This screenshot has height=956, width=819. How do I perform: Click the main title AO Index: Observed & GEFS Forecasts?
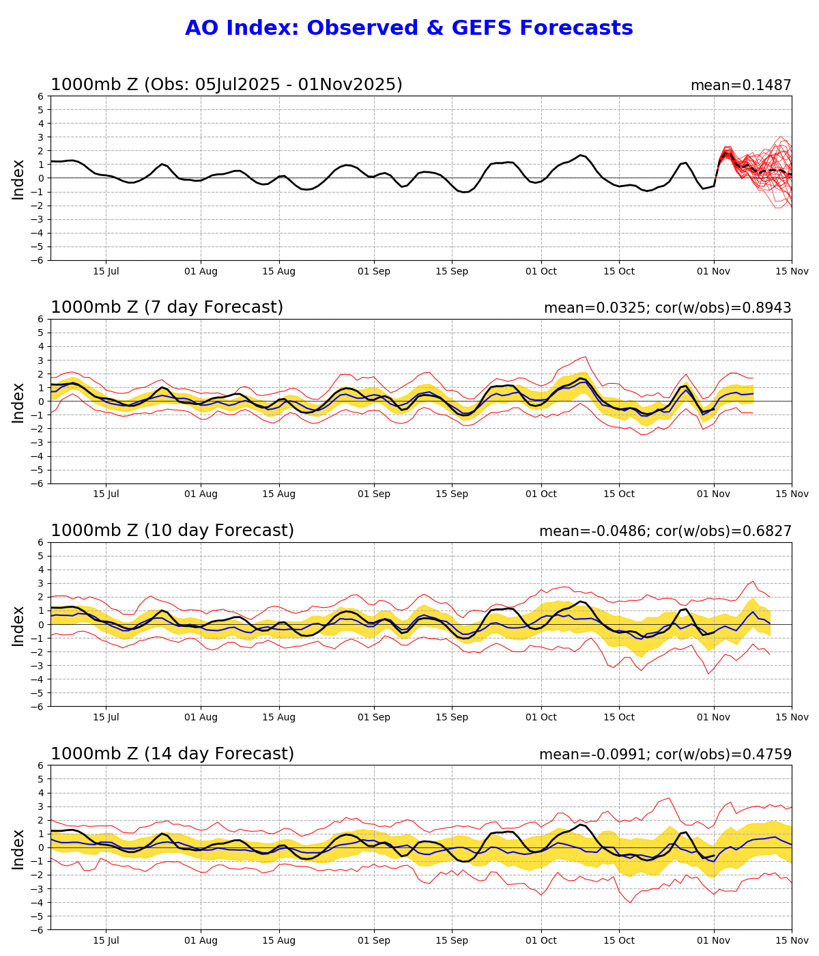(409, 29)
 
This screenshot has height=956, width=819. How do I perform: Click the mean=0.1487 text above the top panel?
(741, 85)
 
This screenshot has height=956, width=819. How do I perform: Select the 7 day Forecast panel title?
(167, 308)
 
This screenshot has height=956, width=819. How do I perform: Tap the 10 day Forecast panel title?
(172, 531)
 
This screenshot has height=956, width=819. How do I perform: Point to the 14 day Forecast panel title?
(172, 754)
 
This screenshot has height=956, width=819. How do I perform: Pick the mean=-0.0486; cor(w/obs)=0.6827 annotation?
(665, 531)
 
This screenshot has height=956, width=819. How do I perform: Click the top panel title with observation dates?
(226, 85)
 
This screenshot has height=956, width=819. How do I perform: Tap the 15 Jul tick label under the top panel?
(106, 271)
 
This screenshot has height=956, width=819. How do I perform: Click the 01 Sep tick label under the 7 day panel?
(374, 494)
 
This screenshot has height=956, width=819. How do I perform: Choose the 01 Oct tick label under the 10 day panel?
(541, 717)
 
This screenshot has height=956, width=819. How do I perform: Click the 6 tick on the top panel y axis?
(41, 96)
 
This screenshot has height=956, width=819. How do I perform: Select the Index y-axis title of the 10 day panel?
(18, 625)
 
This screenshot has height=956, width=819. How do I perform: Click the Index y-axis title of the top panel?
(18, 179)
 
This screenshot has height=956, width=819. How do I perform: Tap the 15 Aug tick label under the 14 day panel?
(279, 940)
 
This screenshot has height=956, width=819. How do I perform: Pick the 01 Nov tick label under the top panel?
(714, 271)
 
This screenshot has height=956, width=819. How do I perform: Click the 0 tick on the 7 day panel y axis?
(41, 402)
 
